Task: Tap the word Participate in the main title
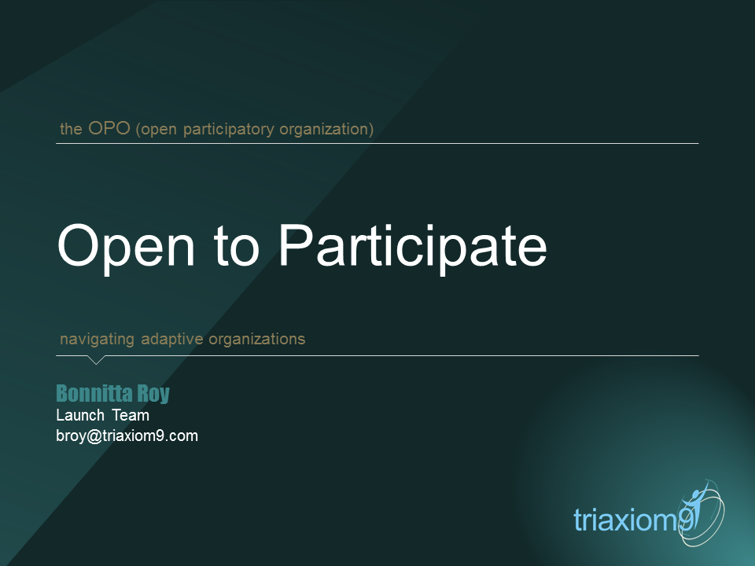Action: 411,246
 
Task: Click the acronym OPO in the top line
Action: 109,128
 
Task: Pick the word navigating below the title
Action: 98,340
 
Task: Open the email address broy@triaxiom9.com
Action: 127,436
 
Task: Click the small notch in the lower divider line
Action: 96,360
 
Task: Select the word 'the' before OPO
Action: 71,129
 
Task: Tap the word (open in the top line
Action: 157,129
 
